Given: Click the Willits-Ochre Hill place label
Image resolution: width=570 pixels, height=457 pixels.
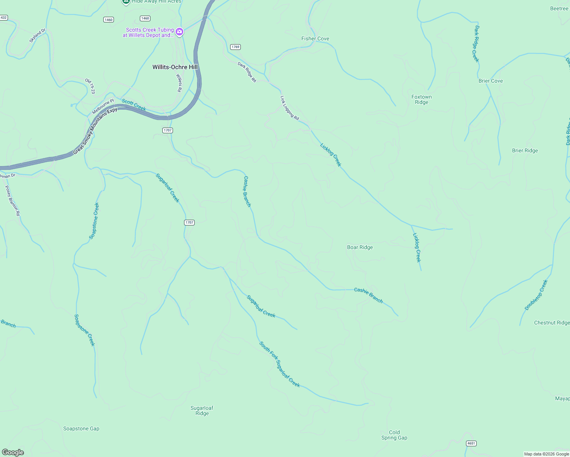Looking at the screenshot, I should [175, 67].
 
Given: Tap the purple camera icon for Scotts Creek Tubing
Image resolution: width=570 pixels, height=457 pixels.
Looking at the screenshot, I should [179, 32].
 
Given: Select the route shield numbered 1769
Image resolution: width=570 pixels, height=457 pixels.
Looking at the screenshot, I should [235, 47].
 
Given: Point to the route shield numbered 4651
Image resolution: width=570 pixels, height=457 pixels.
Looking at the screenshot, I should [471, 443].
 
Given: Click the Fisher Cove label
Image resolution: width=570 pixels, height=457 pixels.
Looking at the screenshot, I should [315, 38].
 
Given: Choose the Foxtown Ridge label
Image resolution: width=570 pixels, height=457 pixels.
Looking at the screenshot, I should [421, 99].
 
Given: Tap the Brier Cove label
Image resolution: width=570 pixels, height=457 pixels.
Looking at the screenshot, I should [490, 81].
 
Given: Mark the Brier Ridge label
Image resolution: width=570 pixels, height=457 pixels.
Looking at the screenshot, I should [525, 150].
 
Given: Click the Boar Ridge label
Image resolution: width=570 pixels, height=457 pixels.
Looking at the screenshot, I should [360, 247].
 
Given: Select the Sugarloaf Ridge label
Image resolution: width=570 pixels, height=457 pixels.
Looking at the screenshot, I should [202, 411].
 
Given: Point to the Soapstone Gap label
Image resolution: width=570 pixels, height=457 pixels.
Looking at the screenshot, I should [81, 428].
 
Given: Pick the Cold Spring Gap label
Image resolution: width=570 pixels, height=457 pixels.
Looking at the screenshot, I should [394, 435].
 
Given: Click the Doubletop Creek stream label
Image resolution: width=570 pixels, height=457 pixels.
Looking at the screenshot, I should [536, 295].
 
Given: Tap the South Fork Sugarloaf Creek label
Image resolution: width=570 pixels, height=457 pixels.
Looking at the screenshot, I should [280, 364].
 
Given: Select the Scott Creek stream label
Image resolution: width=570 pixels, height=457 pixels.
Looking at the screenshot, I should [134, 105].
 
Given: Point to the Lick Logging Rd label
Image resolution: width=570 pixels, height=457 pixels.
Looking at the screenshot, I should [290, 108].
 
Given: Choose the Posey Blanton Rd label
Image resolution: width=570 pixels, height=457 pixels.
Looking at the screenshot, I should [12, 201].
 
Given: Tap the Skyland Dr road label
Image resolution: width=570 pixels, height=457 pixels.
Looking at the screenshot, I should [37, 35].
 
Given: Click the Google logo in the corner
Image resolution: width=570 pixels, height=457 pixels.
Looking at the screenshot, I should [13, 452].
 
